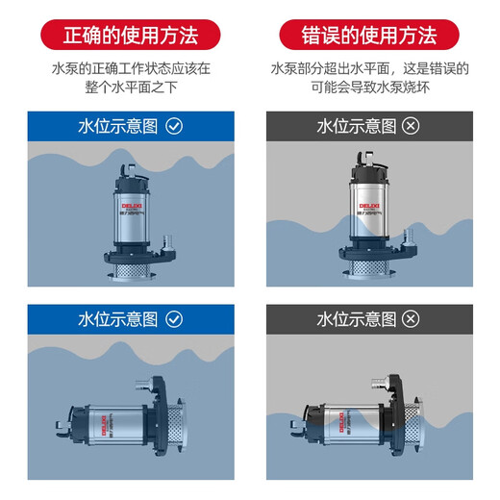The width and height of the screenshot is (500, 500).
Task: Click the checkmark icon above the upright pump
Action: click(x=174, y=125)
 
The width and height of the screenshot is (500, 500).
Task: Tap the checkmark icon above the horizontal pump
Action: click(x=174, y=318)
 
